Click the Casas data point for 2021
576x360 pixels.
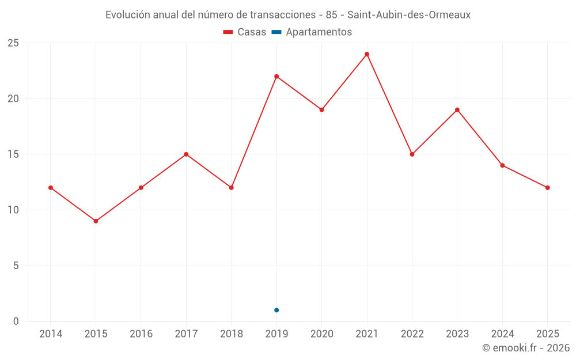coord(366,54)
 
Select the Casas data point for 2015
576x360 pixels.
coord(96,221)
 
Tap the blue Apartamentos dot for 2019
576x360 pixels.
coord(276,310)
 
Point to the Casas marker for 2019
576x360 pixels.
coord(276,77)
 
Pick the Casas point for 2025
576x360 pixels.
coord(547,188)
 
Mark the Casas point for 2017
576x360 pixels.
coord(186,154)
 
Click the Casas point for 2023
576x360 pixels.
coord(457,110)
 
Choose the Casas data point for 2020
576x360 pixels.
coord(322,110)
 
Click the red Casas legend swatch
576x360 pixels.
coord(228,32)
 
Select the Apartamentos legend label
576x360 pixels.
coord(319,32)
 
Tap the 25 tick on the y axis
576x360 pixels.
coord(13,43)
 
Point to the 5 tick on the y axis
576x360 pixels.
coord(16,266)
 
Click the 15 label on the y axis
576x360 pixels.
coord(13,154)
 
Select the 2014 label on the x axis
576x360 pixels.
coord(51,334)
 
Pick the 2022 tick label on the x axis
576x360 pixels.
coord(412,334)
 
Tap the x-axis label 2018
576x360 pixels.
coord(232,334)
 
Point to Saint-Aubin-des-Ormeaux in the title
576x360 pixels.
coord(409,15)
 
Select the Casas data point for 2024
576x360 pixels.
coord(502,165)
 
